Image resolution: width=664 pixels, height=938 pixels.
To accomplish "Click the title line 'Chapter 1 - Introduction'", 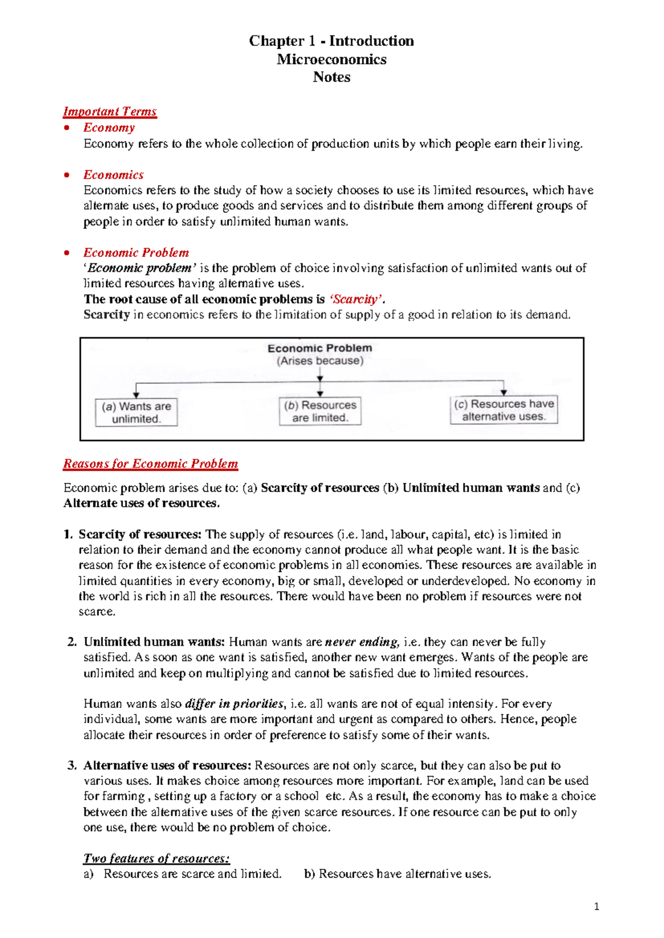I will pyautogui.click(x=331, y=41).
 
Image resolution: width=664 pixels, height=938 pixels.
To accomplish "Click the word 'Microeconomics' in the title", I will pyautogui.click(x=331, y=59).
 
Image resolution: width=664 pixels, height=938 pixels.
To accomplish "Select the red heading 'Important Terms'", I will pyautogui.click(x=110, y=112).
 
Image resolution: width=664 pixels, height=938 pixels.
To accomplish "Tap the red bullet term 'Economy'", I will pyautogui.click(x=109, y=128).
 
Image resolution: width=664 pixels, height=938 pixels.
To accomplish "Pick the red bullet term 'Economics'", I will pyautogui.click(x=113, y=175).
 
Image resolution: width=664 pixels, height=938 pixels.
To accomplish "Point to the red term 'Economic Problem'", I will pyautogui.click(x=136, y=253).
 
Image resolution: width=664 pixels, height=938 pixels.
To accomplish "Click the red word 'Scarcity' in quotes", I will pyautogui.click(x=355, y=299).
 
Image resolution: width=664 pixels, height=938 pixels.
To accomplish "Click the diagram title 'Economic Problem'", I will pyautogui.click(x=319, y=348).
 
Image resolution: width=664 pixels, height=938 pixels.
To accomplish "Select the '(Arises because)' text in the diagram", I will pyautogui.click(x=320, y=361).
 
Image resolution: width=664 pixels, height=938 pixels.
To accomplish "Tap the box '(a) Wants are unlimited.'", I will pyautogui.click(x=136, y=413).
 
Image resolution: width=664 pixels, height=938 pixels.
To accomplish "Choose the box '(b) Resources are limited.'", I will pyautogui.click(x=320, y=411).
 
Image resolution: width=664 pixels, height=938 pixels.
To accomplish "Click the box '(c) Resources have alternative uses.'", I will pyautogui.click(x=504, y=410).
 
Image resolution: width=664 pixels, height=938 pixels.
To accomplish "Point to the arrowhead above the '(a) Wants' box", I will pyautogui.click(x=136, y=395).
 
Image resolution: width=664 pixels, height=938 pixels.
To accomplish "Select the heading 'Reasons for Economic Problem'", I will pyautogui.click(x=151, y=464).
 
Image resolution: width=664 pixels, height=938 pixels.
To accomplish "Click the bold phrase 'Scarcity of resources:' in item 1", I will pyautogui.click(x=140, y=534).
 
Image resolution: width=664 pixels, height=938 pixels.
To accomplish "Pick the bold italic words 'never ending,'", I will pyautogui.click(x=362, y=642).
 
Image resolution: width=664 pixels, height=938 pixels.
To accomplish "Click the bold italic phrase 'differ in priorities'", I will pyautogui.click(x=234, y=704).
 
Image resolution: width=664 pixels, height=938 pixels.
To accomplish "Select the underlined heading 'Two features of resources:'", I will pyautogui.click(x=156, y=858).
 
